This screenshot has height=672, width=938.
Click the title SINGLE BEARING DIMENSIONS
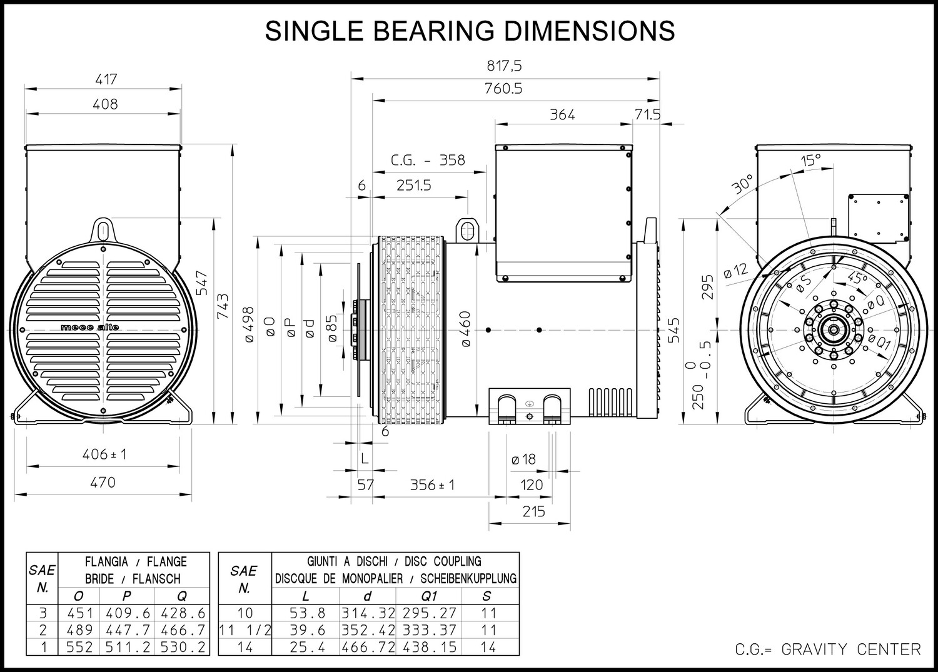tap(470, 30)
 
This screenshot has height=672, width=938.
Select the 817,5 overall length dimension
tap(503, 65)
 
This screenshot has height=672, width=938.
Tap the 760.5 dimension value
tap(503, 89)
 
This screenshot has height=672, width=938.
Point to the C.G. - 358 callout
tap(428, 160)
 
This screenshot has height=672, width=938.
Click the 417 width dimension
tap(106, 79)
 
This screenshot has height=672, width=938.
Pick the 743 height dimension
tap(223, 306)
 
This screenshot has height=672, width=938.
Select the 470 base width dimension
tap(103, 482)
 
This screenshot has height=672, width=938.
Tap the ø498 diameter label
tap(248, 324)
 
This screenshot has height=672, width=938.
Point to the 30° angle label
tap(743, 184)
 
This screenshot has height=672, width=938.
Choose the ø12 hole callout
tap(735, 271)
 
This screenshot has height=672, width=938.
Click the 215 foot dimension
tap(533, 511)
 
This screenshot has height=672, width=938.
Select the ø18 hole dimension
tap(523, 459)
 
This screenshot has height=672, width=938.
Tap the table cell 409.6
tap(128, 613)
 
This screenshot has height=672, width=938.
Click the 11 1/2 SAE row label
tap(245, 630)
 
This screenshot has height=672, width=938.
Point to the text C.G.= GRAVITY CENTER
tap(828, 649)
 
